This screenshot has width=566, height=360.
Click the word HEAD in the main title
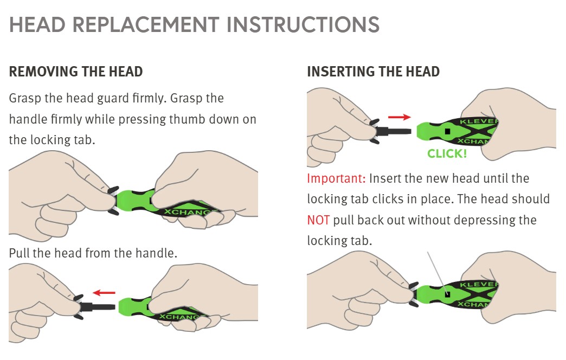(37, 24)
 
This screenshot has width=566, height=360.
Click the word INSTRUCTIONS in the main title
(303, 24)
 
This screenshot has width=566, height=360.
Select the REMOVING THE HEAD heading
(76, 72)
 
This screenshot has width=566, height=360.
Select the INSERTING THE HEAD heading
(373, 72)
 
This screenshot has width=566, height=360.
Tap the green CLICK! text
(447, 153)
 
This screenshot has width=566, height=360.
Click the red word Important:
(337, 178)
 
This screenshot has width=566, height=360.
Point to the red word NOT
(318, 220)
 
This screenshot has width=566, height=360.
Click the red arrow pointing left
(104, 292)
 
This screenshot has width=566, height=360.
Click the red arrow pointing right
(399, 117)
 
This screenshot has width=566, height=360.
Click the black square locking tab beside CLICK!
(448, 131)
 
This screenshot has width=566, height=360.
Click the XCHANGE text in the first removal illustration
(190, 213)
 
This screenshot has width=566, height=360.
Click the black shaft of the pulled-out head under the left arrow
(98, 307)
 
